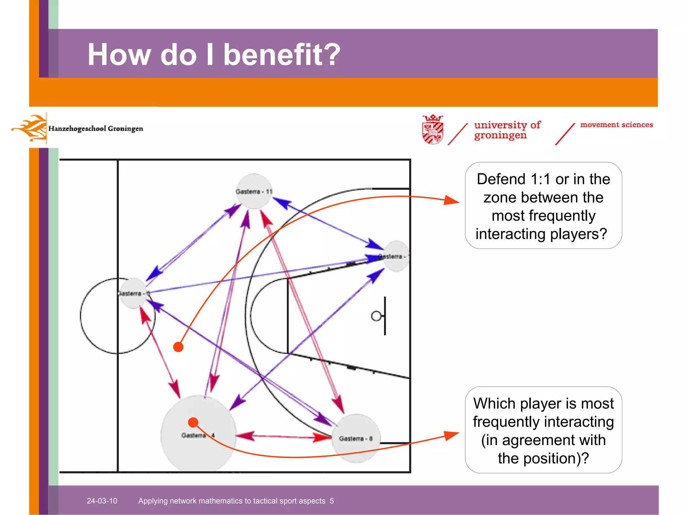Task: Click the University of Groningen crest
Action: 433,129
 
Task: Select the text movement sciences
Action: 617,125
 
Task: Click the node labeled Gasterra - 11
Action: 254,191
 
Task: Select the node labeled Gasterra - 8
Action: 356,439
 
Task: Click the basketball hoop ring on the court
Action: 376,316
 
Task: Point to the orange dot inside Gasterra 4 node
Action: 193,422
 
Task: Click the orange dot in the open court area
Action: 178,347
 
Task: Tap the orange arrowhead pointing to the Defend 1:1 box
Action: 451,201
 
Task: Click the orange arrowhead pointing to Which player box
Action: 451,435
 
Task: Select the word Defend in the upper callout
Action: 501,179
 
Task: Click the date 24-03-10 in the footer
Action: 102,501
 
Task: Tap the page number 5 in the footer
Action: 332,501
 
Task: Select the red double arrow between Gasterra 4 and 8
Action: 283,437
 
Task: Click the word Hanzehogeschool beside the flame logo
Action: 77,129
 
